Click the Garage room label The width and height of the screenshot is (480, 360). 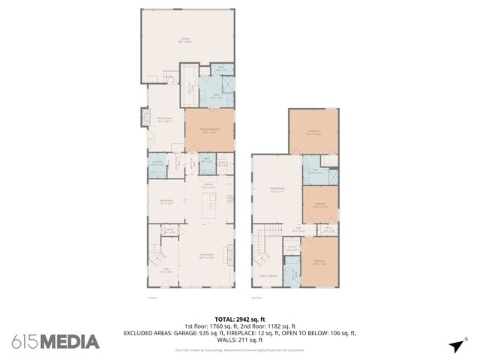point(184,40)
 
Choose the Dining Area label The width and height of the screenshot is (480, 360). point(156,202)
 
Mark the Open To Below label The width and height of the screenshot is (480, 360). point(268,277)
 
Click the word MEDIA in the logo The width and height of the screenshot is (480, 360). point(69,342)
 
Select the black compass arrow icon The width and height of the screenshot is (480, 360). point(454,345)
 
